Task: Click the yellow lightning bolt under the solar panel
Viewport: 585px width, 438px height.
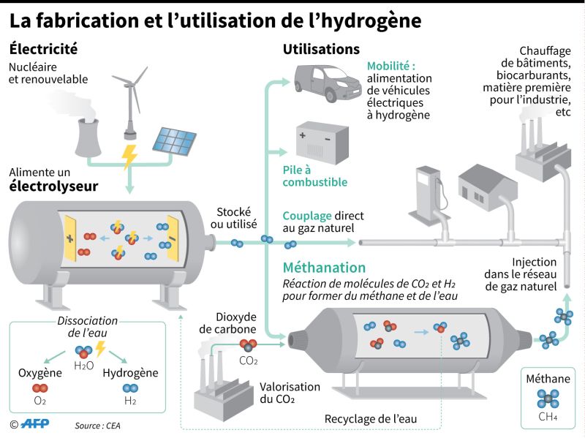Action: click(131, 156)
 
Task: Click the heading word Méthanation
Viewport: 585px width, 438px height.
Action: click(324, 268)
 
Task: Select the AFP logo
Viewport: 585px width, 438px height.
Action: click(34, 424)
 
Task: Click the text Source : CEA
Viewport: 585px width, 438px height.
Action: click(97, 425)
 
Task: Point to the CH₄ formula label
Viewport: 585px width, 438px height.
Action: click(548, 418)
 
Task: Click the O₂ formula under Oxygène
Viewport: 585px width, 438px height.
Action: click(39, 401)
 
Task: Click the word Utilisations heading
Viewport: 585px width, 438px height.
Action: click(321, 50)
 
